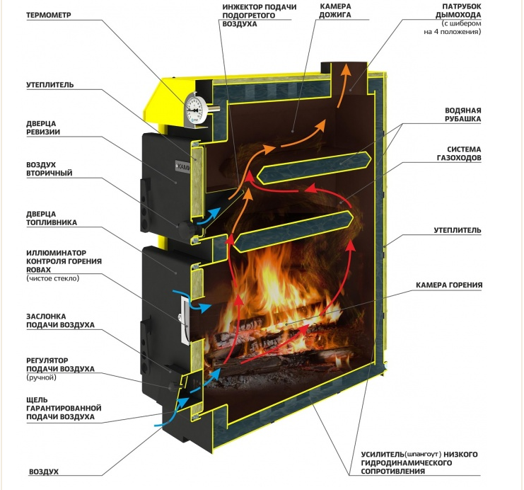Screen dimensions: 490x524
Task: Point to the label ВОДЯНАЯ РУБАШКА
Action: click(x=463, y=115)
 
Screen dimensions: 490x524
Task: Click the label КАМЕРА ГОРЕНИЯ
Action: click(x=450, y=285)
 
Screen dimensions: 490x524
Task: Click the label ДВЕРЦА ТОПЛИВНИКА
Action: click(x=51, y=217)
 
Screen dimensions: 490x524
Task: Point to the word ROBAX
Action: click(x=41, y=270)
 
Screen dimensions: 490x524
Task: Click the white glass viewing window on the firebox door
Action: click(x=185, y=320)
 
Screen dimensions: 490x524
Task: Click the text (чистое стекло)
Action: click(x=53, y=279)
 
